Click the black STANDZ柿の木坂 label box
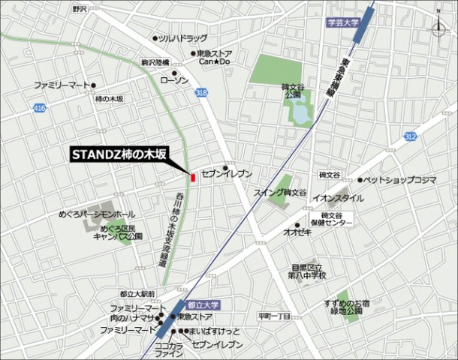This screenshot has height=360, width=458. point(117,154)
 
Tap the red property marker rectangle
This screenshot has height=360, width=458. point(193,178)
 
